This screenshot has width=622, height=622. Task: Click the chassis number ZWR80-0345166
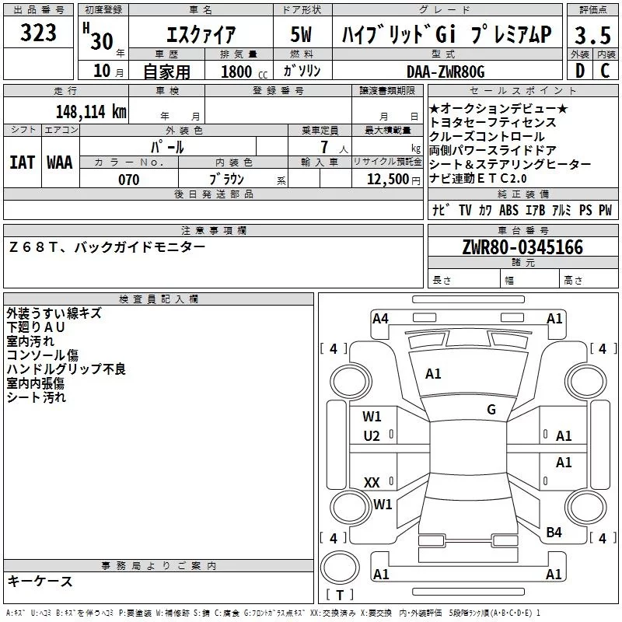522,247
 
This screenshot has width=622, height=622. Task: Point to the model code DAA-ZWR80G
446,72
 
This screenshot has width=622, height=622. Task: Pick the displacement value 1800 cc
240,72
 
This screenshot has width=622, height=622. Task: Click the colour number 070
128,180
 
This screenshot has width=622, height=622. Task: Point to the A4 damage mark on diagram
380,318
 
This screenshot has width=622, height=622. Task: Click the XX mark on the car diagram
372,483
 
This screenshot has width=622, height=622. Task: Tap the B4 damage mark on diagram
554,533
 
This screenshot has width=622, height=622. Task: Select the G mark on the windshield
491,410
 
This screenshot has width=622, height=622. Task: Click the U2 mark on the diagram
372,436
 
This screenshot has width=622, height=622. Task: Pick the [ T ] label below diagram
340,596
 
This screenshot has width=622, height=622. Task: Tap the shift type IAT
22,162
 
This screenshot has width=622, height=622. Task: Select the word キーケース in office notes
40,582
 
